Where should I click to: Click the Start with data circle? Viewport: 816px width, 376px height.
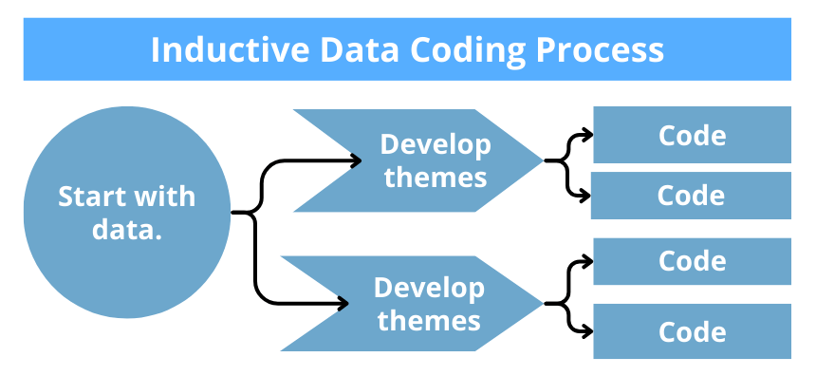pos(126,211)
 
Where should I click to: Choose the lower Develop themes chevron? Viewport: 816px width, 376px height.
pos(417,303)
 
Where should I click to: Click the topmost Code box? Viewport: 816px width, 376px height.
pos(692,135)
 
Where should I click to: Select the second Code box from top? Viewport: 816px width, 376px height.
pos(692,196)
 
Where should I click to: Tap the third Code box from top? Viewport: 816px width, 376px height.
pos(692,261)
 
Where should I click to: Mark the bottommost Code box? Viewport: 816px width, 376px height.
pos(692,331)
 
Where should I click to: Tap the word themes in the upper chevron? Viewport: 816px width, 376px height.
pos(436,178)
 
